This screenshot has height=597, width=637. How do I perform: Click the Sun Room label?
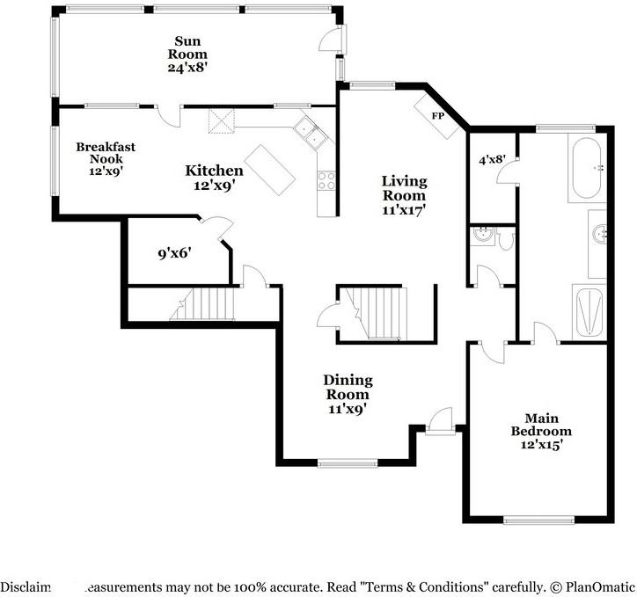(187, 54)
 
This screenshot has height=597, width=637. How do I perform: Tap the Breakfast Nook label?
(99, 159)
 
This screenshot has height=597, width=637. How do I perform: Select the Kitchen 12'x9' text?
(214, 177)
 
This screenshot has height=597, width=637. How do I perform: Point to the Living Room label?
(404, 195)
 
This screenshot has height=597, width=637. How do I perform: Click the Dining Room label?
(348, 394)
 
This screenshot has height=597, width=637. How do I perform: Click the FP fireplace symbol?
(437, 116)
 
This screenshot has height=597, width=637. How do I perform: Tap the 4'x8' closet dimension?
(492, 160)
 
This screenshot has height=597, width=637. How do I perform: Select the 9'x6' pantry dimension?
(174, 255)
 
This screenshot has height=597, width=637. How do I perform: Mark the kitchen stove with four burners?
(326, 180)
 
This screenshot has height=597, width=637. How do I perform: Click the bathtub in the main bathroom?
(584, 167)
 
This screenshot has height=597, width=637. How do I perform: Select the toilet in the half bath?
(504, 237)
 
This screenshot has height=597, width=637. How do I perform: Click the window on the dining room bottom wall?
(348, 463)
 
